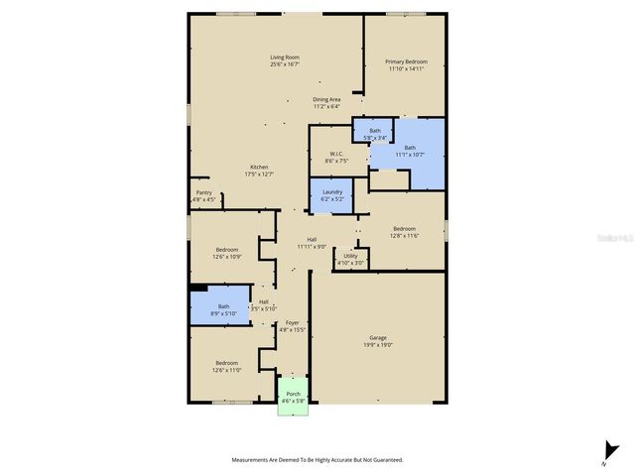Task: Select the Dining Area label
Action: tap(327, 102)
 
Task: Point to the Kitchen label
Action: tap(259, 170)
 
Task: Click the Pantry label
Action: tap(203, 195)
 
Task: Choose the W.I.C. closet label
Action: tap(336, 157)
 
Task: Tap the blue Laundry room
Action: tap(332, 195)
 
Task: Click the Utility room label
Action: tap(351, 259)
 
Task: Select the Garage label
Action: tap(378, 341)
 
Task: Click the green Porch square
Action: tap(293, 397)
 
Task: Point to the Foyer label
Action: tap(292, 326)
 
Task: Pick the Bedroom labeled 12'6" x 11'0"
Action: tap(226, 366)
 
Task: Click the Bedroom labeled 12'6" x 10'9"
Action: tap(226, 253)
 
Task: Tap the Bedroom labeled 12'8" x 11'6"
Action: tap(404, 231)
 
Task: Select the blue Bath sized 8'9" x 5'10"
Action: tap(223, 309)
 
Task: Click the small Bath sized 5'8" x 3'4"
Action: tap(375, 134)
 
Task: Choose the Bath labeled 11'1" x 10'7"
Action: tap(410, 152)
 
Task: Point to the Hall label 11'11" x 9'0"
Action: tap(312, 243)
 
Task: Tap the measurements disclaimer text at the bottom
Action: tap(317, 460)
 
